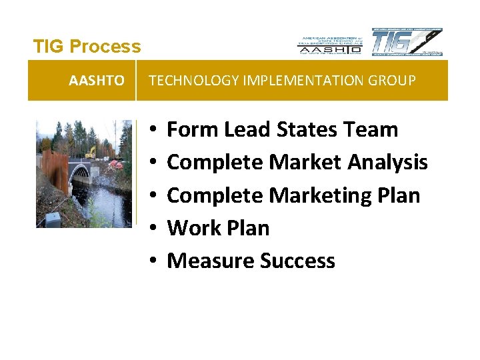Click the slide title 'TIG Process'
pos(87,47)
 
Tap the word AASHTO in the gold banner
pos(97,81)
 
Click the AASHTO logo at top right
pos(329,44)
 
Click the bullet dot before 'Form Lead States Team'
pos(153,130)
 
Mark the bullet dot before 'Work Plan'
pos(153,228)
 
